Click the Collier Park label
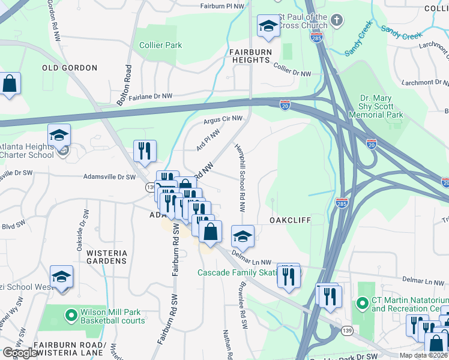[160, 45]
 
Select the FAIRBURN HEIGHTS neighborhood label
[250, 56]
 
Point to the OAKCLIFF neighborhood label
[290, 220]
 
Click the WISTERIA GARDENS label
[107, 257]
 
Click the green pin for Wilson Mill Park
[71, 313]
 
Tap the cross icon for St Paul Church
[337, 20]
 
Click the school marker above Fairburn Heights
[268, 26]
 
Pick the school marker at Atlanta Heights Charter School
[59, 135]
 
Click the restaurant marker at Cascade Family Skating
[289, 275]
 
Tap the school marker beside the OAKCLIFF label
[243, 236]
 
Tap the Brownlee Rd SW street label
[244, 305]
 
